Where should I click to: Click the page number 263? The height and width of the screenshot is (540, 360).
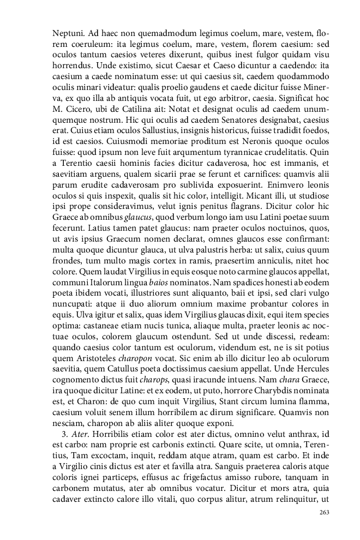[x=324, y=512]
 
